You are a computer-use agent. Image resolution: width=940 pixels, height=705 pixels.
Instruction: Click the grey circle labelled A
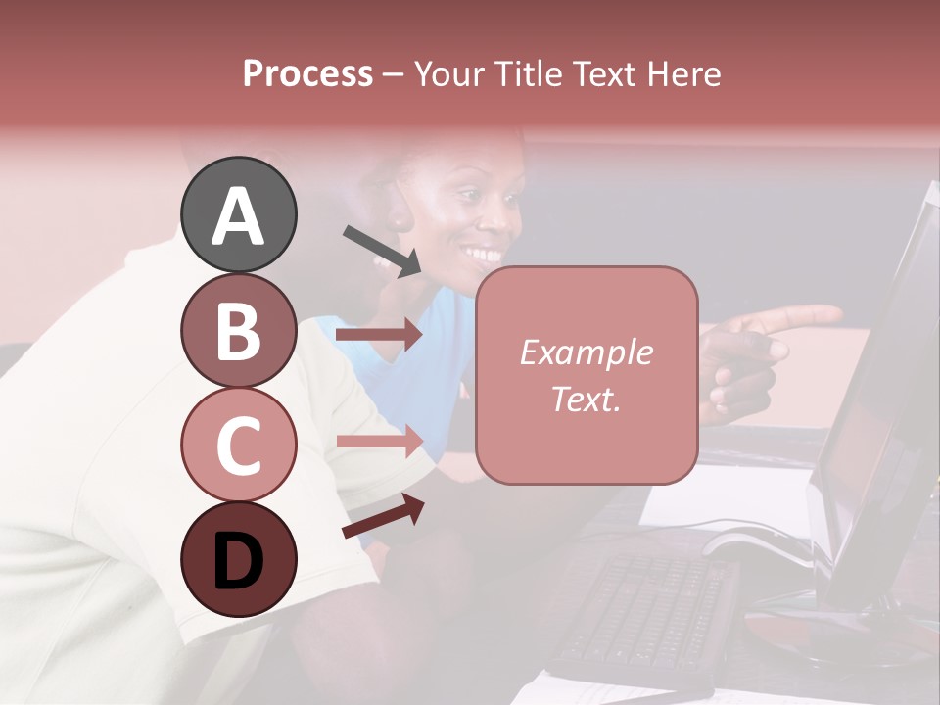[x=238, y=214]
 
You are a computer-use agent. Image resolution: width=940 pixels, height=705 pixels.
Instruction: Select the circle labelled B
[x=238, y=330]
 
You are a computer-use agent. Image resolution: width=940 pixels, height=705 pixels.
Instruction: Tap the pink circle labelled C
[x=238, y=445]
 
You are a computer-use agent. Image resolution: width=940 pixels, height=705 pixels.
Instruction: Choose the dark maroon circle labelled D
[x=238, y=559]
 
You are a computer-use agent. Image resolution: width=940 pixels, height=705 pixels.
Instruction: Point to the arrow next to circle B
[x=379, y=335]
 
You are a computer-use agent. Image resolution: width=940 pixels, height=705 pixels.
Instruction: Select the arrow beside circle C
[x=379, y=440]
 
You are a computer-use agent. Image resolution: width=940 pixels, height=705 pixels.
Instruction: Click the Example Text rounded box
[x=587, y=375]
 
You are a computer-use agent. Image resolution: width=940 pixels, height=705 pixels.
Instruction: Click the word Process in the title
[x=307, y=74]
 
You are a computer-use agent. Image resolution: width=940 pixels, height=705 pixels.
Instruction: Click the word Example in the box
[x=587, y=352]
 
